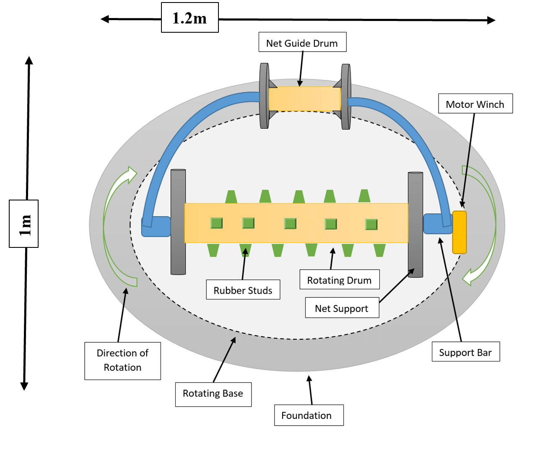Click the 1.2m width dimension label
tap(190, 18)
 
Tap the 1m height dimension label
tap(24, 224)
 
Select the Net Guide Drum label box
tap(302, 42)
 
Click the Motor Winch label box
tap(475, 104)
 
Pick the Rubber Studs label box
tap(243, 290)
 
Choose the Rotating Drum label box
tap(339, 280)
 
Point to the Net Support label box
tap(342, 308)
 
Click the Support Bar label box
tap(465, 352)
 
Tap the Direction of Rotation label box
tap(122, 361)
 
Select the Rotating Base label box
tap(213, 394)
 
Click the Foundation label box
tap(309, 415)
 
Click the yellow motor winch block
tap(459, 232)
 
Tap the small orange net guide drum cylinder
tap(304, 99)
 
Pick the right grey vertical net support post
tap(416, 224)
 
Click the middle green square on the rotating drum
tap(290, 224)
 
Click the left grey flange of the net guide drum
tap(264, 96)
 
